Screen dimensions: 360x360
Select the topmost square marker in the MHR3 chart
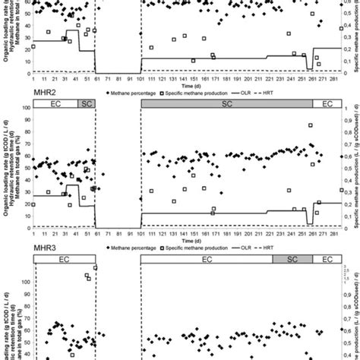tap(96, 268)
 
